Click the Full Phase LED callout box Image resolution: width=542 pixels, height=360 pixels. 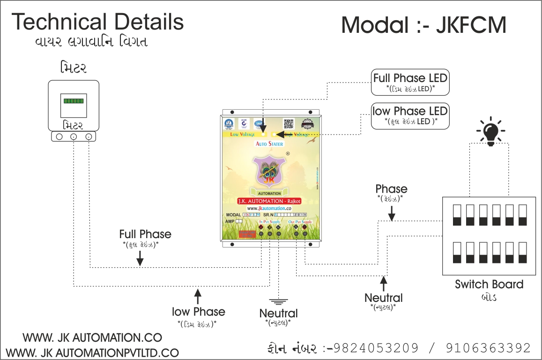pos(410,82)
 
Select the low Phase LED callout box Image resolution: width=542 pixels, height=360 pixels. pos(410,116)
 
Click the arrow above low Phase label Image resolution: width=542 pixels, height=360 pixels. pos(198,297)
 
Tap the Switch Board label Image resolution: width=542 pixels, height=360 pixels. pos(489,284)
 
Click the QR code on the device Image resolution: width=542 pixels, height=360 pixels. pos(288,123)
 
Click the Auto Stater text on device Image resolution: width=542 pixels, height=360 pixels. pos(269,144)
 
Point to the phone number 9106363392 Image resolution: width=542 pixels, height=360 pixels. pos(488,348)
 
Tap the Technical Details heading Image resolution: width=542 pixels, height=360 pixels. pos(97,22)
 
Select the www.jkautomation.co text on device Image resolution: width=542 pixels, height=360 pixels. pos(269,208)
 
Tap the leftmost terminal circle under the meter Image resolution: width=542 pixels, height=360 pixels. pos(59,137)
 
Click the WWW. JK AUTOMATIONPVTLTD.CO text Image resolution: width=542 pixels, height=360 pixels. pos(93,352)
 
